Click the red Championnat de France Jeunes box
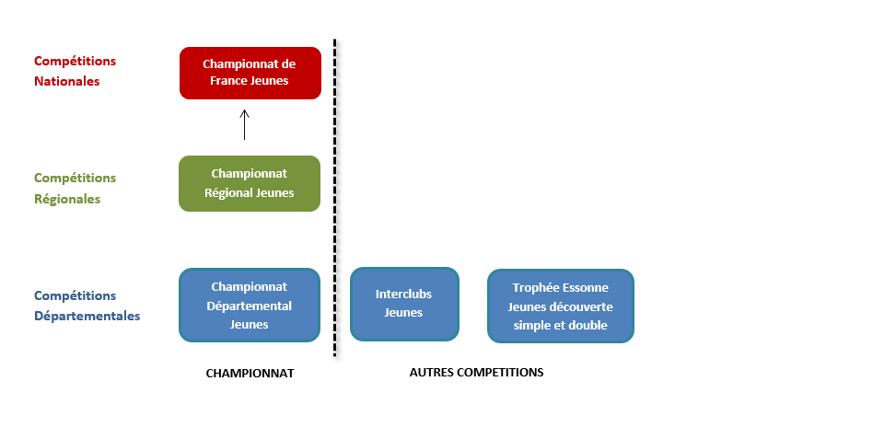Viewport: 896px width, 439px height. click(x=250, y=73)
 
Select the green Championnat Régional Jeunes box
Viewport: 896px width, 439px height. click(x=250, y=183)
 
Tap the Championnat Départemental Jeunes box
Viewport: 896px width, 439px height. click(x=250, y=306)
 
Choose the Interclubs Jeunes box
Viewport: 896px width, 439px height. click(x=404, y=305)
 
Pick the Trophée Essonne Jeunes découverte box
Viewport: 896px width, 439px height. click(x=561, y=306)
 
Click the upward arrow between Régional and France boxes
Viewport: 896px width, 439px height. click(x=245, y=124)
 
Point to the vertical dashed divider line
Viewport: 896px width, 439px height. click(x=335, y=198)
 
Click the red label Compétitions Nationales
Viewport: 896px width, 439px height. click(x=75, y=71)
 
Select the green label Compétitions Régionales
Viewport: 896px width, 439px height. click(x=75, y=188)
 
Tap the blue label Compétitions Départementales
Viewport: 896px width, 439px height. click(x=87, y=306)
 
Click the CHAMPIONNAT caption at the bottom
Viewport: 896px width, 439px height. click(x=250, y=374)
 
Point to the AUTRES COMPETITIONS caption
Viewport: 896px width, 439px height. click(x=477, y=372)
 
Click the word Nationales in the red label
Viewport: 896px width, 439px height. click(x=67, y=81)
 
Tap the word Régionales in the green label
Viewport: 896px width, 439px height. click(x=67, y=199)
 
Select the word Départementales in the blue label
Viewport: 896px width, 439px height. click(x=87, y=316)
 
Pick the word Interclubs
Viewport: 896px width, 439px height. click(x=403, y=294)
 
